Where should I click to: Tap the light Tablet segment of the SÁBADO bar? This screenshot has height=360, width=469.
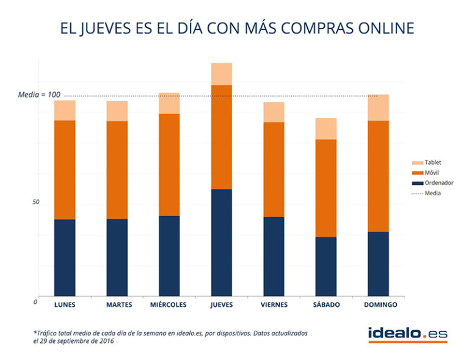(326, 129)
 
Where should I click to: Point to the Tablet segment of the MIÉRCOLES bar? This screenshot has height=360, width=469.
(169, 103)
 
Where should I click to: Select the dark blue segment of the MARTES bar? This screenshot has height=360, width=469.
(117, 257)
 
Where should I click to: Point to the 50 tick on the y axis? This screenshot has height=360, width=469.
(35, 202)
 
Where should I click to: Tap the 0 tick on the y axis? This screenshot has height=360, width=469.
(35, 301)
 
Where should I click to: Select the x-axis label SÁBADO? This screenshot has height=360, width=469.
(326, 304)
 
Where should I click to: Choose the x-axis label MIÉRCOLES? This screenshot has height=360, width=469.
(169, 304)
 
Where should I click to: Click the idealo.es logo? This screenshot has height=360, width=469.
(407, 333)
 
